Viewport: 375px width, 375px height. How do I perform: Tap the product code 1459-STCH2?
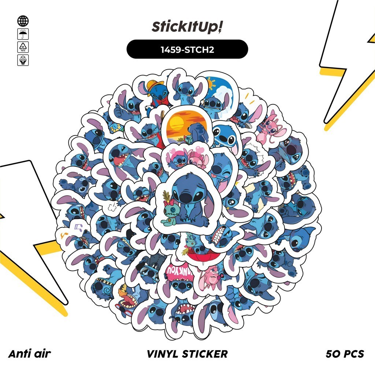[x=187, y=49]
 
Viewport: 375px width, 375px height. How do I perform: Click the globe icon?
[x=23, y=21]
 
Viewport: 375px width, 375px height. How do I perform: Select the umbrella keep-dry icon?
[x=23, y=34]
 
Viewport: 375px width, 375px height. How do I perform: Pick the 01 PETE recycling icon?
[x=23, y=47]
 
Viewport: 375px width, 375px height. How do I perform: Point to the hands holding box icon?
[x=23, y=60]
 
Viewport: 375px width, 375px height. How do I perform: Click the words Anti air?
[x=29, y=354]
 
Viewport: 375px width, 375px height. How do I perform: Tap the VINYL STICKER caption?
[x=187, y=354]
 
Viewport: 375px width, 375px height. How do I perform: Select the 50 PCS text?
[x=345, y=354]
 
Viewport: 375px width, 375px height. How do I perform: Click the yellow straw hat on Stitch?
[x=156, y=86]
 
